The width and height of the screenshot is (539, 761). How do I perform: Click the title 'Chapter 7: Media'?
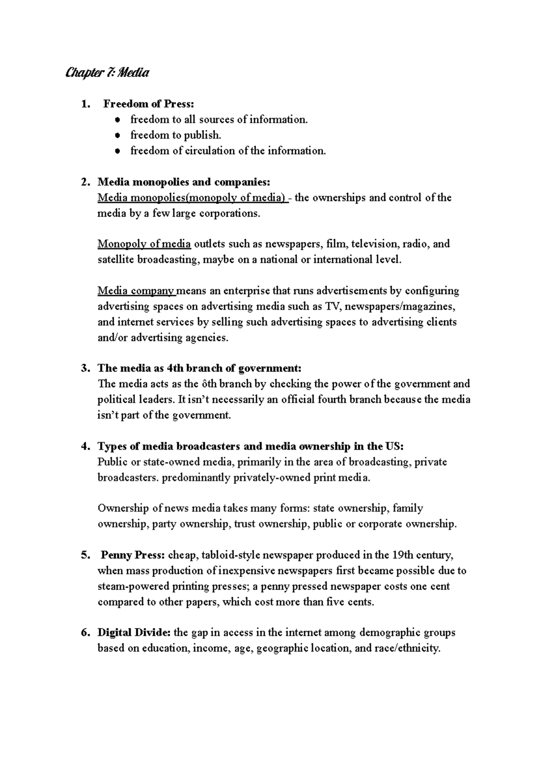coord(107,72)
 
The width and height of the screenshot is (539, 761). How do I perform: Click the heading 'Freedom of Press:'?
coord(149,104)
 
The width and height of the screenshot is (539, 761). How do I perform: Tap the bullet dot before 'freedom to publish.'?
coord(117,135)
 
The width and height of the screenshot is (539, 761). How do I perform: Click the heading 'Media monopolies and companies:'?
coord(184,182)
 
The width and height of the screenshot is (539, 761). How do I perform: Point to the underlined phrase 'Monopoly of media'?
coord(144,244)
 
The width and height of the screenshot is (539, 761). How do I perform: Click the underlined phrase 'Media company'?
coord(137,291)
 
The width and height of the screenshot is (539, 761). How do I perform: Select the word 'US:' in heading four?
coord(394,447)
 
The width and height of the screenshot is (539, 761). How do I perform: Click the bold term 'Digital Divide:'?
coord(134,633)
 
